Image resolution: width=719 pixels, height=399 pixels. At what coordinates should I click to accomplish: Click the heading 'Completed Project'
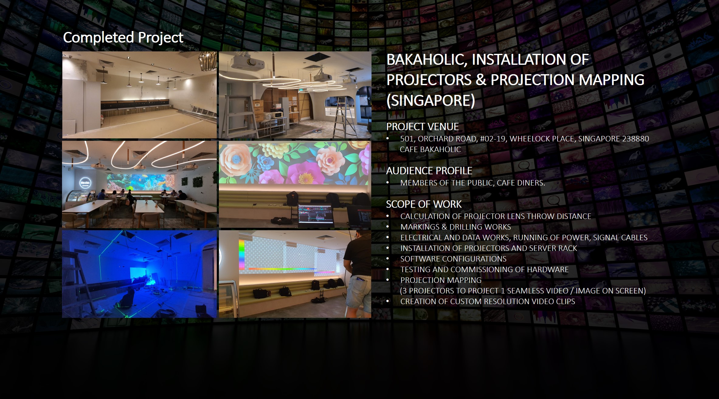coord(123,38)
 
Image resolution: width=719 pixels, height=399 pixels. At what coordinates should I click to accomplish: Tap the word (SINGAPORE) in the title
coord(431,100)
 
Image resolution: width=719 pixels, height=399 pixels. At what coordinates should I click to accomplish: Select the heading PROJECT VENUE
coord(422,127)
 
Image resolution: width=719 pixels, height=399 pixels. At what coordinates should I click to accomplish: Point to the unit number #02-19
coord(493,139)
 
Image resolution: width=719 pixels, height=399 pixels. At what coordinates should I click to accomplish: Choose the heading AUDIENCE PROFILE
coord(429,171)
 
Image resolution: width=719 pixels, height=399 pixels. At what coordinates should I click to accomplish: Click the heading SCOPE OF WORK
coord(424,204)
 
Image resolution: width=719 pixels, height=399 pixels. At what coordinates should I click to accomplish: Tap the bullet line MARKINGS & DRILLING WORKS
coord(455,227)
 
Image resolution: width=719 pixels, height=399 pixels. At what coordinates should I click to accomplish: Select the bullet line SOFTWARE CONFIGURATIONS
coord(453,259)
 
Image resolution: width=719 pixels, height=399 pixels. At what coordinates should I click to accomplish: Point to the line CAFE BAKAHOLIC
coord(430,149)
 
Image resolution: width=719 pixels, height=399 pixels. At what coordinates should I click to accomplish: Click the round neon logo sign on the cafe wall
coord(85,182)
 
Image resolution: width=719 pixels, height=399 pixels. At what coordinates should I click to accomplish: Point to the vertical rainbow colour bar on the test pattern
coord(242,254)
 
